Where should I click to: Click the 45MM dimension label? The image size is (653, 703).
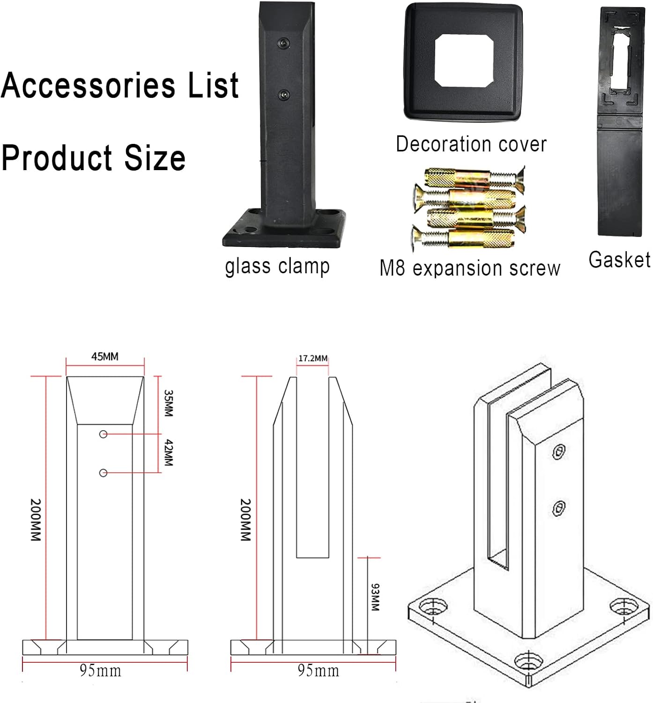(x=104, y=357)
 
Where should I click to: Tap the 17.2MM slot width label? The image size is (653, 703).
(x=313, y=359)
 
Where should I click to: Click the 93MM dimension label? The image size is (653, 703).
(x=375, y=597)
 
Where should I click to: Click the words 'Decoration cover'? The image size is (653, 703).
(x=471, y=144)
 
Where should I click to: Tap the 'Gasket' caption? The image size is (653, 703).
(x=619, y=260)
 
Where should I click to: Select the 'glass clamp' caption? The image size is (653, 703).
(x=277, y=266)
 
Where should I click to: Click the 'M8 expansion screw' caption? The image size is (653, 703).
(x=469, y=268)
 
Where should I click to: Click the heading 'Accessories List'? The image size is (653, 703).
(x=120, y=85)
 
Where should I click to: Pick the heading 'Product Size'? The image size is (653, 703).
(x=93, y=157)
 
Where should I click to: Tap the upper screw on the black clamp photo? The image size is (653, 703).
(x=283, y=43)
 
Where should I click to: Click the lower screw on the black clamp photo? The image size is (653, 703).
(x=284, y=95)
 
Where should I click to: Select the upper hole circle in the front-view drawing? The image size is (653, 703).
(x=104, y=434)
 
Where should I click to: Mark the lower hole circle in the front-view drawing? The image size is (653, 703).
(x=104, y=473)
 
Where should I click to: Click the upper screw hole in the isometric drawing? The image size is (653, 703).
(x=558, y=452)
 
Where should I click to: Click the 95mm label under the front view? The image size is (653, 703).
(x=100, y=671)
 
